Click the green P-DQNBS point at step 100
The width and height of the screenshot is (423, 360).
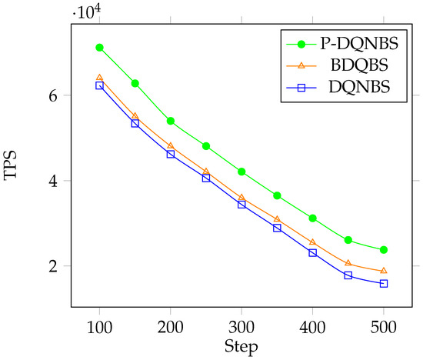click(x=99, y=48)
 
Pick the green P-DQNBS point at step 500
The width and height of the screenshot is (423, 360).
click(x=384, y=250)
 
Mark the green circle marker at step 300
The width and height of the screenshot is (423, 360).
click(x=241, y=172)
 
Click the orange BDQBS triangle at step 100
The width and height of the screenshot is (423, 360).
click(x=99, y=78)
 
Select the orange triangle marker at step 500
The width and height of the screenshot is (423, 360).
click(x=384, y=271)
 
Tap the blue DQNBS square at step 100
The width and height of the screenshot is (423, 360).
click(x=99, y=85)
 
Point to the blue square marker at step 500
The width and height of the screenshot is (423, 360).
click(x=384, y=284)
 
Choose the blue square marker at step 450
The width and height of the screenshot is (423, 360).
click(x=348, y=275)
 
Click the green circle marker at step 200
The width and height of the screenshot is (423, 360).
click(x=171, y=121)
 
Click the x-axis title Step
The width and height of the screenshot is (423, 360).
click(x=241, y=348)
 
